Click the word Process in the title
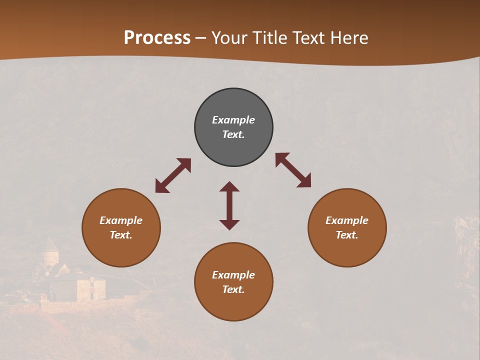tap(157, 38)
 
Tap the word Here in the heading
tap(349, 38)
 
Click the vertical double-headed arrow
tap(229, 205)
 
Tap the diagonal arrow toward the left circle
tap(173, 175)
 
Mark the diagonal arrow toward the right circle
tap(293, 170)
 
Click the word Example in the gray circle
tap(233, 120)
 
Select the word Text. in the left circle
tap(121, 235)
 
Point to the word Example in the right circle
tap(347, 220)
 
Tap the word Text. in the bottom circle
tap(233, 289)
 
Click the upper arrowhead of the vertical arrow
tap(229, 186)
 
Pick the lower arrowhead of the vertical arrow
tap(229, 224)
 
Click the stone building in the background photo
tap(91, 289)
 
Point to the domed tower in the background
tap(49, 252)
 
